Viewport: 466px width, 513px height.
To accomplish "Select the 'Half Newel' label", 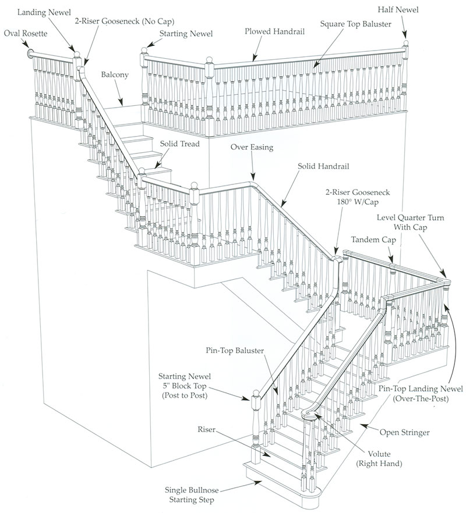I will [397, 10].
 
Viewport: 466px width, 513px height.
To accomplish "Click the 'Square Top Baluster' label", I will [355, 24].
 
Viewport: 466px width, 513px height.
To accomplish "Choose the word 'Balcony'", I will [115, 75].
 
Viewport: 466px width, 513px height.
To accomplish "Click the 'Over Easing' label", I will [252, 148].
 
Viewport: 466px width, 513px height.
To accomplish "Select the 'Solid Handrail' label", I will [323, 166].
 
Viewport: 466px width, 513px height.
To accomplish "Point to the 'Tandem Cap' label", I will [372, 240].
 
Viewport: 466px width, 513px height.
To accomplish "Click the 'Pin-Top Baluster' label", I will [235, 351].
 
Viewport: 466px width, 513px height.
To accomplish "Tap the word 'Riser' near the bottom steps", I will [206, 430].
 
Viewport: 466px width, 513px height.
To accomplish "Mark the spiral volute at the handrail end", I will [310, 415].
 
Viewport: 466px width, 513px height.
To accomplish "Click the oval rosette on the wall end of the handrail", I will [30, 54].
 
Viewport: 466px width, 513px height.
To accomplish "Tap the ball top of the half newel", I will [405, 44].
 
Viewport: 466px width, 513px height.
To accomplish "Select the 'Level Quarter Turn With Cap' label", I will [411, 222].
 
